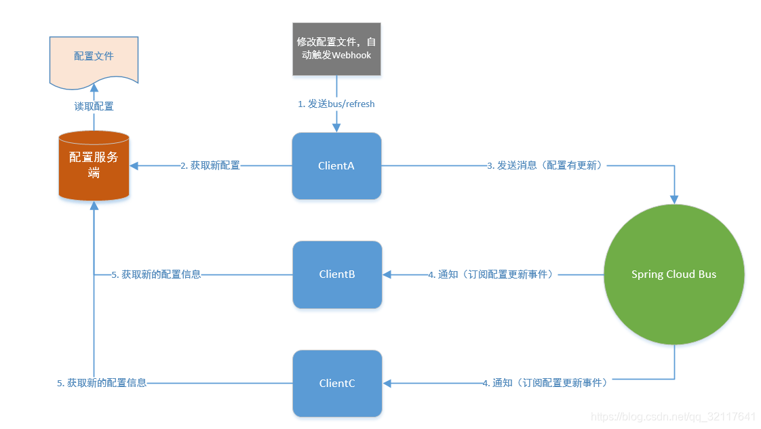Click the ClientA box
point(336,166)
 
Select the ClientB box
point(337,274)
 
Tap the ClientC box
point(337,383)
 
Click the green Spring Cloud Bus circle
point(674,274)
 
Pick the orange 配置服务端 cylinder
point(94,166)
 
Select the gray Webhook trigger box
point(337,49)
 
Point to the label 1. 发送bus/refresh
point(336,104)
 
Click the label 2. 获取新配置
point(210,165)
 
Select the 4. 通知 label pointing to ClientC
point(547,383)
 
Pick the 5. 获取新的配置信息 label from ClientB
point(157,274)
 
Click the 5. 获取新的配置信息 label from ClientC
point(102,383)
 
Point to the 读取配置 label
point(94,106)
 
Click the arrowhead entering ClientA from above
point(336,127)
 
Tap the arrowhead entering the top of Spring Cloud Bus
point(674,199)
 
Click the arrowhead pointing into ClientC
point(388,383)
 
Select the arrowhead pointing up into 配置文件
point(94,89)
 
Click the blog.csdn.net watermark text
point(673,416)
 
